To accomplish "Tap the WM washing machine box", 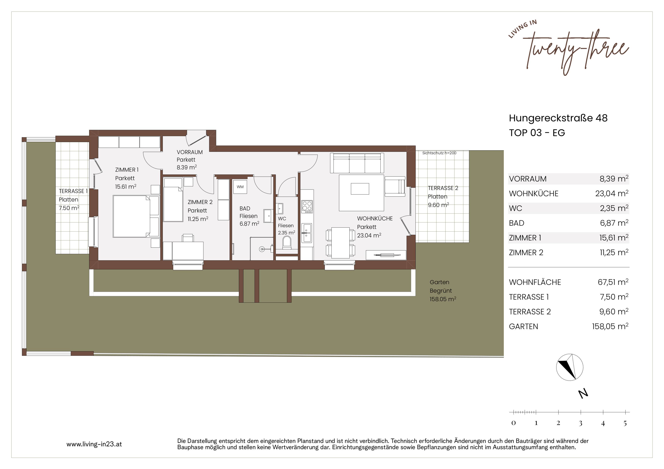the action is [240, 187].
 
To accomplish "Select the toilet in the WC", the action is [287, 243].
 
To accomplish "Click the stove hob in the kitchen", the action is [307, 207].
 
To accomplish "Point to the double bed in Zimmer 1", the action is [136, 216].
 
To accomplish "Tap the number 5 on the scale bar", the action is [625, 423].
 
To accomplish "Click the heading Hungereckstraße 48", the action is [558, 118].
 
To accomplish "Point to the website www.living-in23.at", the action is [94, 444].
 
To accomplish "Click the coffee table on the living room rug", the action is [360, 189].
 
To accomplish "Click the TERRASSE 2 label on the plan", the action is [443, 188].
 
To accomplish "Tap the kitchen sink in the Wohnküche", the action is [307, 233].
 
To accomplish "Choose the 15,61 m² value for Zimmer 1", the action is [614, 238].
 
